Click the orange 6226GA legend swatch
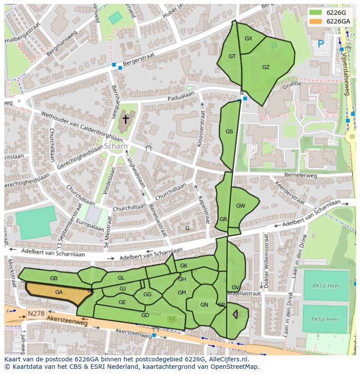315,21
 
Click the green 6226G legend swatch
315,13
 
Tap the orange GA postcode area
59,293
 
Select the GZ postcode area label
266,67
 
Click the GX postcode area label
248,39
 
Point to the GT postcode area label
232,56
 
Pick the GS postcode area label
229,132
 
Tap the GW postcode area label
240,205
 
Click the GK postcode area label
183,265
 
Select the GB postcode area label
53,278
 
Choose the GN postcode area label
204,305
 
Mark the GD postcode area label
145,315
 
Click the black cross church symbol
126,119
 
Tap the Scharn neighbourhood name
116,146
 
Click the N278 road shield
36,313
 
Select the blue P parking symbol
321,44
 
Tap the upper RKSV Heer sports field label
326,286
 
